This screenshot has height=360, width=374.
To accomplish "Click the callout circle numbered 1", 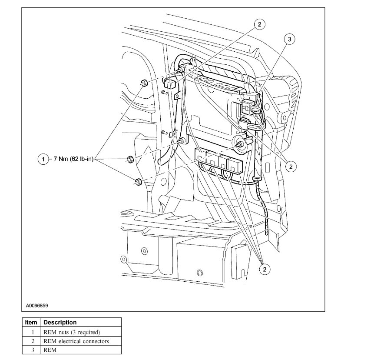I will pyautogui.click(x=43, y=160).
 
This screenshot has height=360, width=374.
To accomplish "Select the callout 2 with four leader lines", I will pyautogui.click(x=264, y=269).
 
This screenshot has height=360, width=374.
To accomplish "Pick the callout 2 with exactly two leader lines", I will pyautogui.click(x=290, y=166).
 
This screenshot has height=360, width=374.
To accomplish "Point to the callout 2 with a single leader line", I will pyautogui.click(x=259, y=24).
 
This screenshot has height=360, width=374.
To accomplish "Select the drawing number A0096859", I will pyautogui.click(x=37, y=306).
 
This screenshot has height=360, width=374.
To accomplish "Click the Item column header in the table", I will pyautogui.click(x=31, y=323).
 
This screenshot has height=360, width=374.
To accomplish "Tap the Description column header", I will pyautogui.click(x=60, y=323).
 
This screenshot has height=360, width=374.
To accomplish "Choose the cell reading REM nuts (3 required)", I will pyautogui.click(x=72, y=332).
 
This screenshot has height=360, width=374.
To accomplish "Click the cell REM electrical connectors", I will pyautogui.click(x=76, y=341).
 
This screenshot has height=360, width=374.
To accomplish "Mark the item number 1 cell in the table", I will pyautogui.click(x=31, y=332).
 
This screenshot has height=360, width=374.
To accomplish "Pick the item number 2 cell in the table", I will pyautogui.click(x=31, y=341).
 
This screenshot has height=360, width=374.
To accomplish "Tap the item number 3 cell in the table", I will pyautogui.click(x=31, y=350).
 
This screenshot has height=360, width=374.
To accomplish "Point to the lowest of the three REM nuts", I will pyautogui.click(x=138, y=182).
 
